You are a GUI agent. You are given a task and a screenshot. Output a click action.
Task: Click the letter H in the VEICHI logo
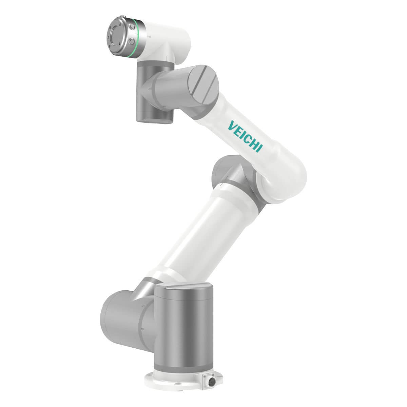(253, 143)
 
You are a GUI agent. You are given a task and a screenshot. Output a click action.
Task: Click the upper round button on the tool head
(132, 27)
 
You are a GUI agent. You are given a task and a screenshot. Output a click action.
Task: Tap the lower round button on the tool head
(131, 41)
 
